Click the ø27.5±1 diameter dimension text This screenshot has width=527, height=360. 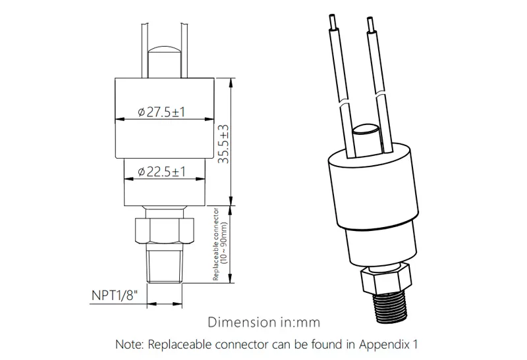click(161, 111)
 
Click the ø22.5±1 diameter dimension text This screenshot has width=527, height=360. click(161, 171)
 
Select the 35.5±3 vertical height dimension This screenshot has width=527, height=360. click(223, 144)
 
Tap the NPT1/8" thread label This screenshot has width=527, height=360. click(115, 296)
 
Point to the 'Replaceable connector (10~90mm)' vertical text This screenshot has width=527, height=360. click(220, 244)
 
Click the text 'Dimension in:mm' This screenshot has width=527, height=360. click(264, 322)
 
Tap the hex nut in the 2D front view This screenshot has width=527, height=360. click(164, 231)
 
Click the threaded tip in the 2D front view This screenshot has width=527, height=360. click(165, 263)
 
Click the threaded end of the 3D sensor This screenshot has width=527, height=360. click(391, 307)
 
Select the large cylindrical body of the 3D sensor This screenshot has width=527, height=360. click(373, 188)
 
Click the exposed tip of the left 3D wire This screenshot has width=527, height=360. click(333, 22)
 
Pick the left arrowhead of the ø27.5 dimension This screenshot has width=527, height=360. click(120, 119)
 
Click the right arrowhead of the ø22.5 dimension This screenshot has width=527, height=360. click(200, 179)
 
